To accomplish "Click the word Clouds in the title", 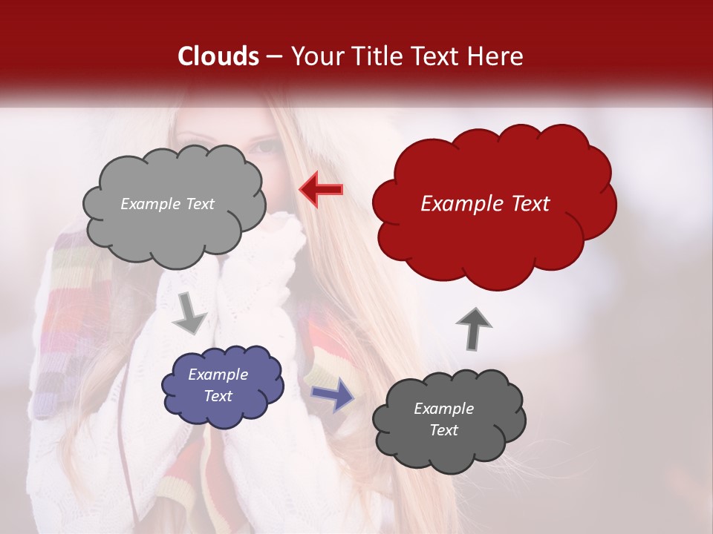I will [218, 56].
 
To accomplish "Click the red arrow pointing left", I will [322, 188].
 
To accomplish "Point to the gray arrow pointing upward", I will [474, 328].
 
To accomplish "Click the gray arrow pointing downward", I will [189, 314].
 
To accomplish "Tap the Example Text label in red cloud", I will [485, 204].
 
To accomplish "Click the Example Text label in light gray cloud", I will [167, 204].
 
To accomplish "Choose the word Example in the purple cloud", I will [218, 375].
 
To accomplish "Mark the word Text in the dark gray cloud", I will [443, 430].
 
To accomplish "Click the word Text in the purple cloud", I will [218, 396].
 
